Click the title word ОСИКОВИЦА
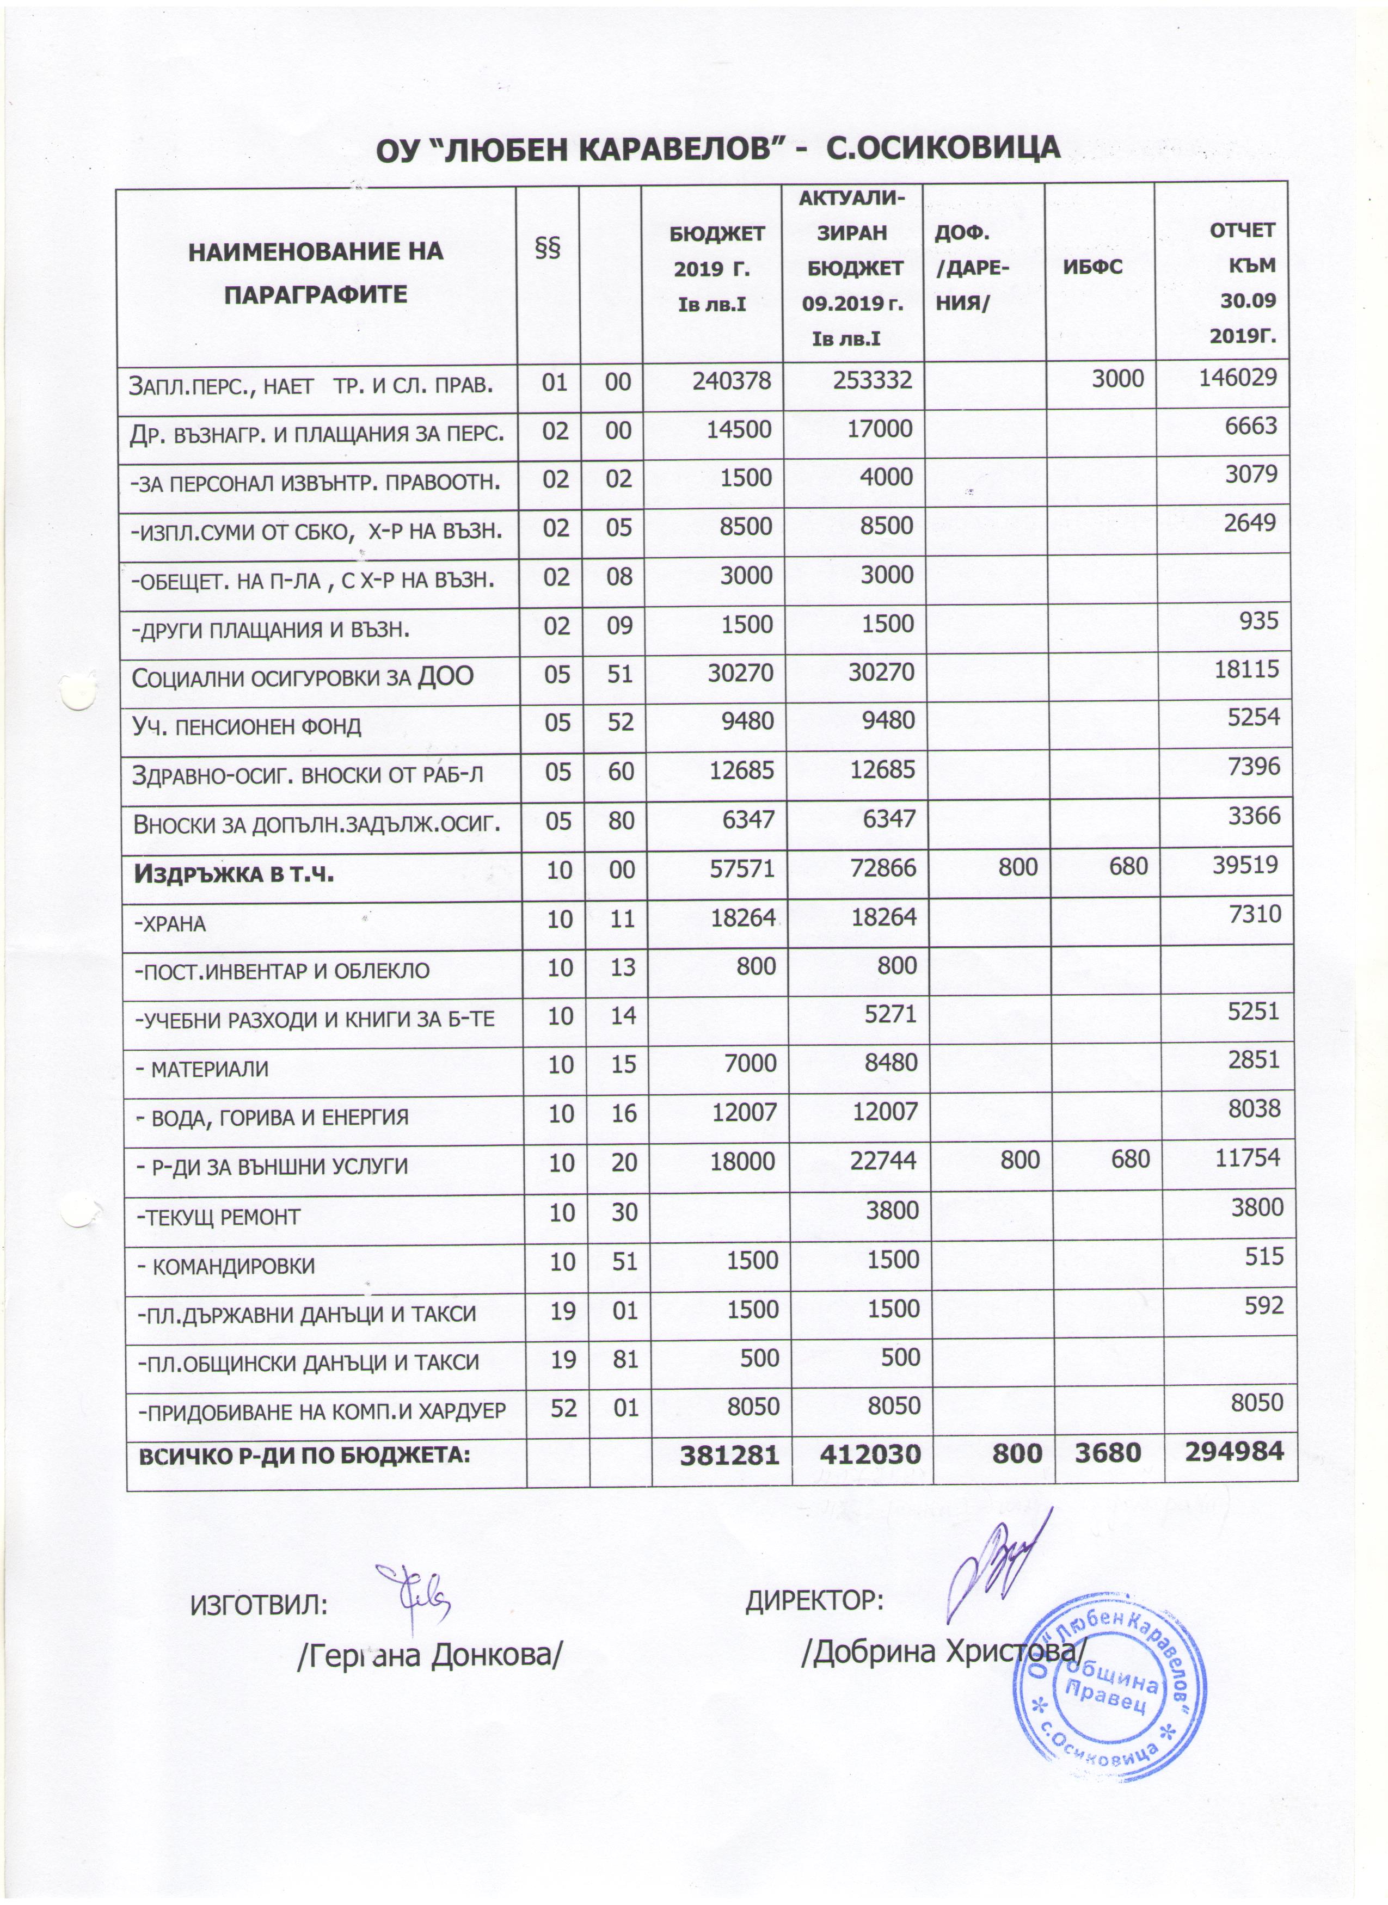coord(955,148)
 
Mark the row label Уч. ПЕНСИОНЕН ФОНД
coord(247,726)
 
